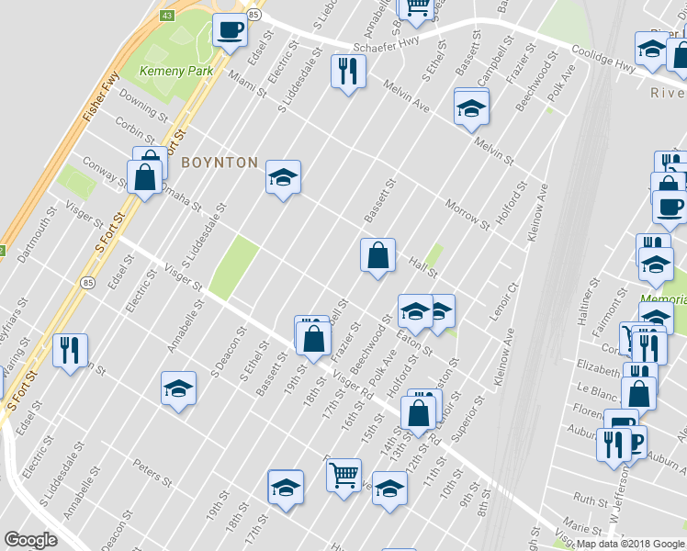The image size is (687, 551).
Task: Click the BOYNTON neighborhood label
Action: click(220, 163)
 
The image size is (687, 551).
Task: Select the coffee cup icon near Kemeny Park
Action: click(230, 30)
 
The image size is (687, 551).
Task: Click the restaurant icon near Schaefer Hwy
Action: click(348, 71)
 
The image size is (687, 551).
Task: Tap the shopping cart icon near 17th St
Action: click(343, 474)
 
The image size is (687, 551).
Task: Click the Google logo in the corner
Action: click(30, 540)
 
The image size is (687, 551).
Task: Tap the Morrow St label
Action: click(467, 214)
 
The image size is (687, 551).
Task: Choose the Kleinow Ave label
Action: click(537, 211)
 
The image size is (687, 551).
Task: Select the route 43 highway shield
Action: click(166, 16)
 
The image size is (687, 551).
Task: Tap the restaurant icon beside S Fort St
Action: click(70, 350)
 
